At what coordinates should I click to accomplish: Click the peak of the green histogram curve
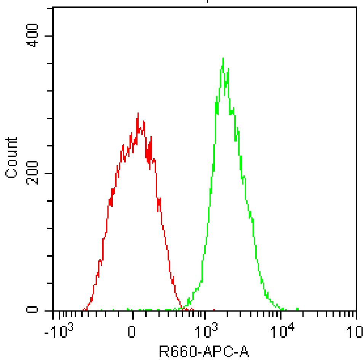click(x=223, y=58)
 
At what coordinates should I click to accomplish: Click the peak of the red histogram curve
click(x=138, y=113)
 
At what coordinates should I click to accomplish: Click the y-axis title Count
click(x=12, y=157)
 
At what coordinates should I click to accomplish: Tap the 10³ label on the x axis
click(x=206, y=331)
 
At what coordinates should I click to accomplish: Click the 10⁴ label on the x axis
click(x=281, y=331)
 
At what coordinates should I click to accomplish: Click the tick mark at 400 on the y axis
click(x=50, y=36)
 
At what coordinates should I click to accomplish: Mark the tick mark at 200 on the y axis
click(x=50, y=174)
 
